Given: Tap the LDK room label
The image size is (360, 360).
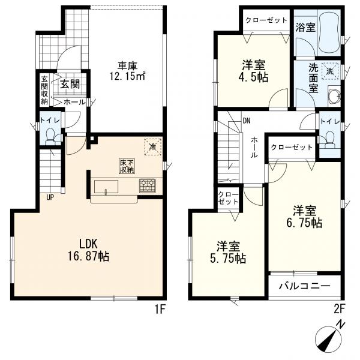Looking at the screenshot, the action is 88,244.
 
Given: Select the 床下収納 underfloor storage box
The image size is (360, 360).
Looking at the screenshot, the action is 127,166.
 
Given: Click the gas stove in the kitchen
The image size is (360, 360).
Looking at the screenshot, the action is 148,185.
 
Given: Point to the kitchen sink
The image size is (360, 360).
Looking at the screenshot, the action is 106,187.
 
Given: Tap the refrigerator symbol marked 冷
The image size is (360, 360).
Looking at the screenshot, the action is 152,147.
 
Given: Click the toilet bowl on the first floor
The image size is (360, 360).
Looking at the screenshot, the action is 50,135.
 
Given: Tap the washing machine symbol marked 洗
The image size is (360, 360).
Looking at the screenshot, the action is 330,71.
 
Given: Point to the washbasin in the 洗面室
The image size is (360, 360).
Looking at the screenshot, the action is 334,95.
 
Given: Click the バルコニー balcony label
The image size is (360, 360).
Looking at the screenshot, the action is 304,286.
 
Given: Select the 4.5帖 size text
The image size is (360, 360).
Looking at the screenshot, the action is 253,78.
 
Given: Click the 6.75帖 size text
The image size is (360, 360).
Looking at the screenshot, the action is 304,223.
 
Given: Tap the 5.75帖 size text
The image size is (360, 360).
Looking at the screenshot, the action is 228,258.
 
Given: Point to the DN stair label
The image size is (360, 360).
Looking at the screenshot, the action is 247,121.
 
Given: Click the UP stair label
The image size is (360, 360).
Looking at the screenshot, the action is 50,197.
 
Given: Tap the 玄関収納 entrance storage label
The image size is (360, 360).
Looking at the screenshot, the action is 44,90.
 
